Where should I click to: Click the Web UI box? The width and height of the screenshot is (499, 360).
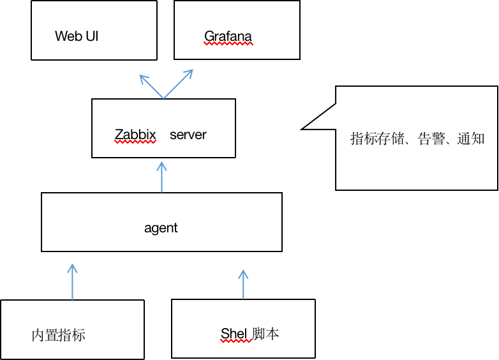pyautogui.click(x=94, y=30)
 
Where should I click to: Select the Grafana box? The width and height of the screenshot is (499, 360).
pyautogui.click(x=237, y=30)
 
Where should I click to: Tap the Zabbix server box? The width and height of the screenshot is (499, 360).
pyautogui.click(x=163, y=128)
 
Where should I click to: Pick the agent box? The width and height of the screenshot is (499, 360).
pyautogui.click(x=161, y=222)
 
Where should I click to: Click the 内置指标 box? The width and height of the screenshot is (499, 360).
pyautogui.click(x=72, y=329)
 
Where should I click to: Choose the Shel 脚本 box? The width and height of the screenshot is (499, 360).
pyautogui.click(x=243, y=328)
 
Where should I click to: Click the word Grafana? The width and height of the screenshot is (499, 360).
pyautogui.click(x=228, y=36)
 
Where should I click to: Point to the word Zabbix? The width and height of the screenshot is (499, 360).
pyautogui.click(x=135, y=135)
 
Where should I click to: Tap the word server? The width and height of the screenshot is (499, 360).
pyautogui.click(x=188, y=135)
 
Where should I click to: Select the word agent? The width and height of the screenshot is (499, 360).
pyautogui.click(x=161, y=228)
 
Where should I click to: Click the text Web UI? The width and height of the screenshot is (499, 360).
pyautogui.click(x=77, y=36)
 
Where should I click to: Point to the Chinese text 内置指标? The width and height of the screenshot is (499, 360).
pyautogui.click(x=58, y=335)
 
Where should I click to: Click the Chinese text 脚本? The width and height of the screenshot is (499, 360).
pyautogui.click(x=265, y=333)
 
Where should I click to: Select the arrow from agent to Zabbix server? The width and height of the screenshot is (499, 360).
pyautogui.click(x=161, y=177)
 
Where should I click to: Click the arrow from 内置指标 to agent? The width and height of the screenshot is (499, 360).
pyautogui.click(x=72, y=281)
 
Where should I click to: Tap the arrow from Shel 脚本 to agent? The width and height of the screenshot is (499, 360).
pyautogui.click(x=243, y=284)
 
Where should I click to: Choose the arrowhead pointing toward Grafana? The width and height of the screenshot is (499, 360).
pyautogui.click(x=188, y=73)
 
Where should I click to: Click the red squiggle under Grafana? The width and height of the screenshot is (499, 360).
pyautogui.click(x=228, y=44)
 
